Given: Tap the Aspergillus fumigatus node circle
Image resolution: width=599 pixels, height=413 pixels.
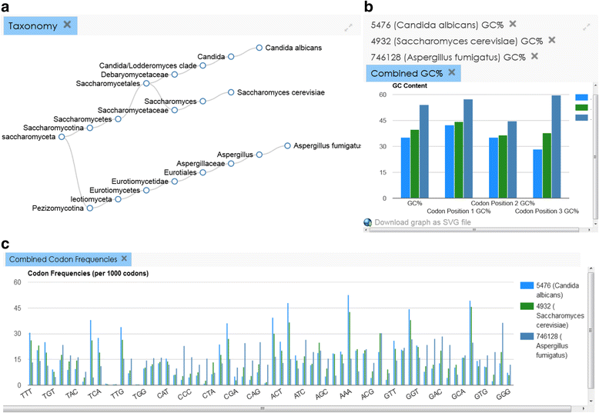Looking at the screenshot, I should tap(286, 145).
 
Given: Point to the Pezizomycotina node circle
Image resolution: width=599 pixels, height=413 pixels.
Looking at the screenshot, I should tap(90, 208).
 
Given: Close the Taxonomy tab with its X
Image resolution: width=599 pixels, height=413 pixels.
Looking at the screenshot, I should tap(67, 25).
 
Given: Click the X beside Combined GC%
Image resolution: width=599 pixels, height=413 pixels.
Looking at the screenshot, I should tap(452, 72).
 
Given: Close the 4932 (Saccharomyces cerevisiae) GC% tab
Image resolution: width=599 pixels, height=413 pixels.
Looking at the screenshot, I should tap(551, 40).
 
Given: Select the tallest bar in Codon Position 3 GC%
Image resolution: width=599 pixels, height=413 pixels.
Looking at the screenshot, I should tap(556, 146).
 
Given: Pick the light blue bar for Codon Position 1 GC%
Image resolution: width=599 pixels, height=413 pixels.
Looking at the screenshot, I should tap(450, 161).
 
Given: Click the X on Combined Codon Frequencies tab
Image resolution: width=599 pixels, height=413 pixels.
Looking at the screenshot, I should tap(124, 258).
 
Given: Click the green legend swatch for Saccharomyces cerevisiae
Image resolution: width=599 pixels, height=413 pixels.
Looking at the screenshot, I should tap(527, 307).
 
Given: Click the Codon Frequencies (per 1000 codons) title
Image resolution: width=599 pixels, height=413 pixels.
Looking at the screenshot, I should tap(88, 274).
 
